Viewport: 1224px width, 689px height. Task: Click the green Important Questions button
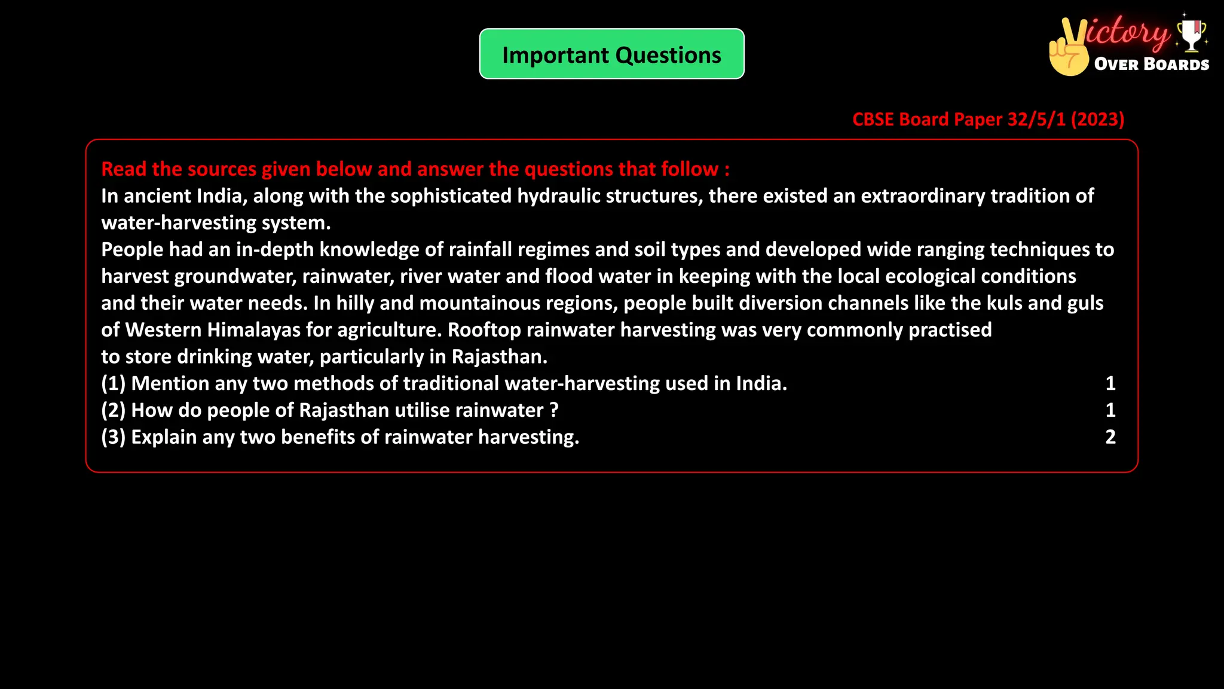click(x=611, y=54)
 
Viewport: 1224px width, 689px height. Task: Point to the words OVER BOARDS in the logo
click(x=1151, y=64)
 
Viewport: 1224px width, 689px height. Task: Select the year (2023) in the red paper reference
click(x=1097, y=119)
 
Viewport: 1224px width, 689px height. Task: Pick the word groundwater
click(x=235, y=276)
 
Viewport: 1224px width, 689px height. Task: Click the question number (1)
click(x=113, y=383)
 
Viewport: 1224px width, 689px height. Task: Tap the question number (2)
click(x=113, y=410)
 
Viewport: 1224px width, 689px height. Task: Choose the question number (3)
click(x=113, y=437)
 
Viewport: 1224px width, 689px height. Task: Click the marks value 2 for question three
click(x=1110, y=437)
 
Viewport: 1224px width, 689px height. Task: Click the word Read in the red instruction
click(x=124, y=169)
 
